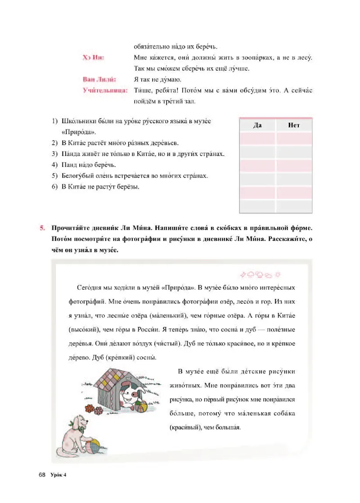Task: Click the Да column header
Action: [258, 125]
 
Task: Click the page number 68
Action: [43, 475]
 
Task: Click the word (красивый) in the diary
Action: [187, 427]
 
